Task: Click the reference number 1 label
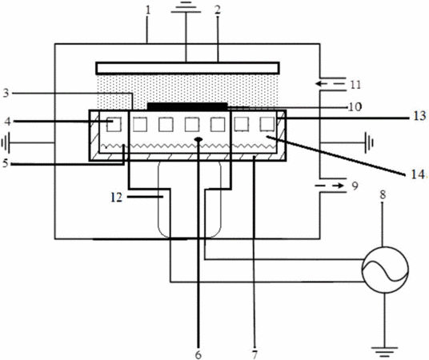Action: click(x=148, y=10)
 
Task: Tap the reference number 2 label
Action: click(x=218, y=10)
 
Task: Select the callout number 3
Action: click(x=6, y=93)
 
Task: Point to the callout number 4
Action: click(x=8, y=122)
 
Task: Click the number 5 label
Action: click(x=6, y=163)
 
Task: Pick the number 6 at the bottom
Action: click(x=198, y=354)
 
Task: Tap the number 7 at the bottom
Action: click(x=255, y=354)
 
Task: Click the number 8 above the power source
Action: click(x=383, y=194)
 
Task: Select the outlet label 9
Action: click(x=355, y=186)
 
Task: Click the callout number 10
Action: click(x=355, y=106)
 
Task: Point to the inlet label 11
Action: click(x=355, y=85)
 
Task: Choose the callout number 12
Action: click(x=116, y=198)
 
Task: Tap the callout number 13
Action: click(x=419, y=116)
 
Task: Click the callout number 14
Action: click(x=418, y=174)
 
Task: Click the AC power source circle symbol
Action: click(x=385, y=270)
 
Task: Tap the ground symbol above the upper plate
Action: click(x=186, y=8)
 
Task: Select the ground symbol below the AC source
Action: click(x=384, y=352)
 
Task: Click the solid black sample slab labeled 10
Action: click(x=187, y=106)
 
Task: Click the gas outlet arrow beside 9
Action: click(x=330, y=186)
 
